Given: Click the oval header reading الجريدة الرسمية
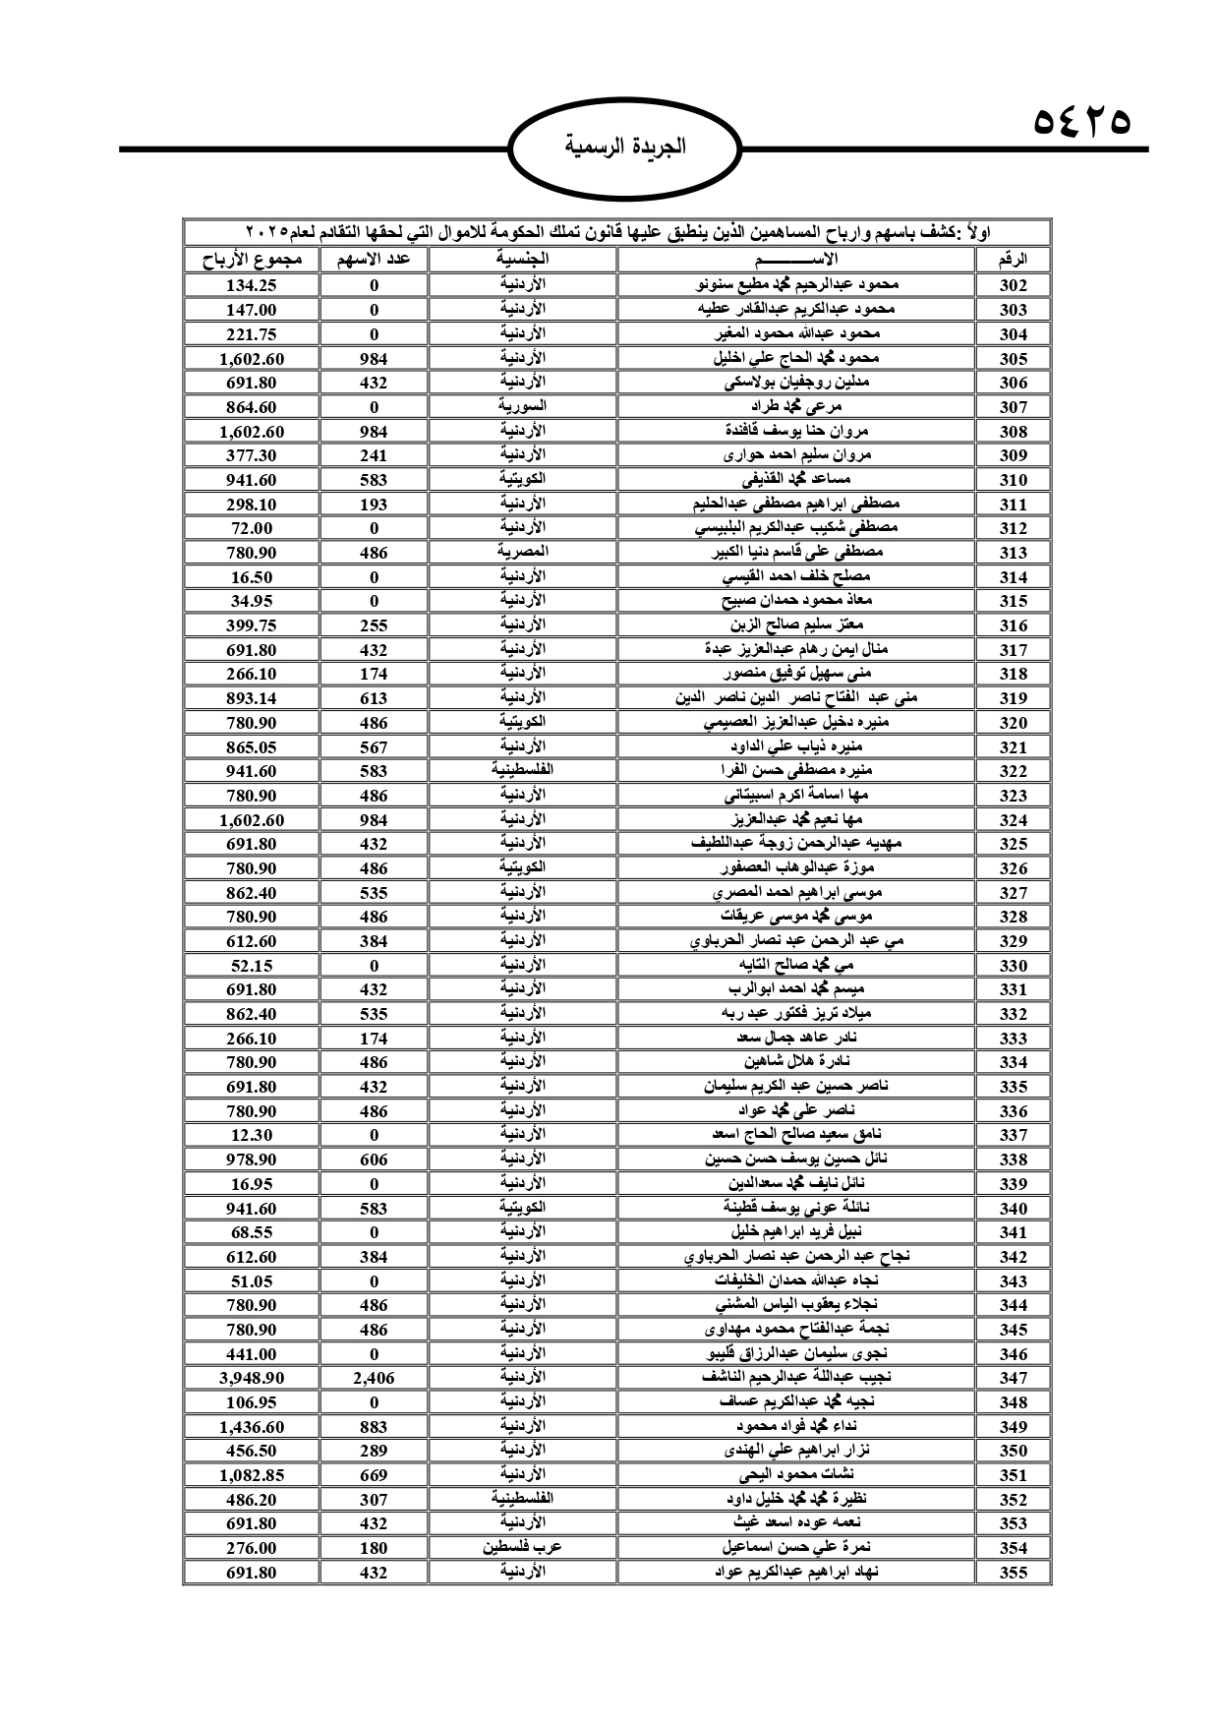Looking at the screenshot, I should (x=625, y=148).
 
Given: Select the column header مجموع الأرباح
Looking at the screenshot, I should (x=252, y=260).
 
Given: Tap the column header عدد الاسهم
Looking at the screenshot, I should (x=374, y=260).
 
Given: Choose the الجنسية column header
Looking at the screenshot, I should (x=520, y=260).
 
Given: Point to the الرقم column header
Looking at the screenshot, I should (x=1013, y=260).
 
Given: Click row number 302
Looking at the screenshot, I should (x=1013, y=285).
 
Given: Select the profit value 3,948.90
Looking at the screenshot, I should (x=252, y=1378).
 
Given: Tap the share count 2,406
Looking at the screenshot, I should (x=374, y=1378).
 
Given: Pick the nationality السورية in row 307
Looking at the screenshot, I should (x=520, y=406).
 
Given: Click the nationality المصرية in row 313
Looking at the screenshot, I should (x=520, y=552).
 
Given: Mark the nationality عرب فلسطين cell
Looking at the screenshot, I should (x=520, y=1547).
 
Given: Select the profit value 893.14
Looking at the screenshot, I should (x=252, y=698).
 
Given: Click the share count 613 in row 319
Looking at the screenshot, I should (x=374, y=698).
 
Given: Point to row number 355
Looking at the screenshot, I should (x=1013, y=1572).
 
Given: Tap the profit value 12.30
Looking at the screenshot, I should (x=252, y=1135).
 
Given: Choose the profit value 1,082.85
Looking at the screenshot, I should (x=252, y=1474).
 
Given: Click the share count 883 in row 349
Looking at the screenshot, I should (x=374, y=1426).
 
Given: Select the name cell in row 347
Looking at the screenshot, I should (x=796, y=1378).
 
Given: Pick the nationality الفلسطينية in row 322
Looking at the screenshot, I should (x=520, y=771).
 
